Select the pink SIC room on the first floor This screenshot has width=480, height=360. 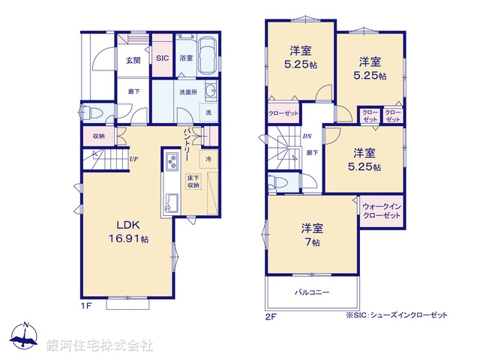(162, 56)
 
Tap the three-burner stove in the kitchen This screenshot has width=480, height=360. (172, 163)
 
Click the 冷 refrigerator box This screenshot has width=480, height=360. (208, 160)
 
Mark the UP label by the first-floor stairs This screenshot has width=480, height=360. (133, 159)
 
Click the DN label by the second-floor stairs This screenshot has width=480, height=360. (307, 136)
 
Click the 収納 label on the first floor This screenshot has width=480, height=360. (99, 136)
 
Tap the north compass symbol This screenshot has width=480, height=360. (25, 337)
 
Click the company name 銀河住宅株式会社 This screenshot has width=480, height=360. (100, 346)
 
